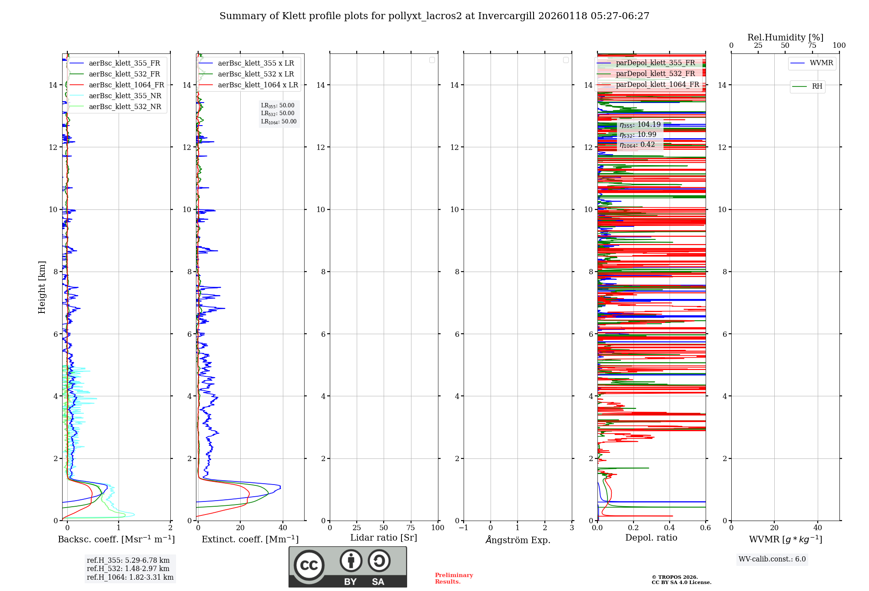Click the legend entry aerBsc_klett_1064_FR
pyautogui.click(x=126, y=85)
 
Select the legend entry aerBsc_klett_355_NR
pyautogui.click(x=125, y=96)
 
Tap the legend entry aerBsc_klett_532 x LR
pyautogui.click(x=255, y=74)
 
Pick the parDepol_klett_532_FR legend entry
pyautogui.click(x=655, y=74)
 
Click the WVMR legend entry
pyautogui.click(x=821, y=63)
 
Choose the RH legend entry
pyautogui.click(x=817, y=86)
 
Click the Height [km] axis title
pyautogui.click(x=42, y=287)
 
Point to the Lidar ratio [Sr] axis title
pyautogui.click(x=384, y=538)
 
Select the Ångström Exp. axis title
pyautogui.click(x=518, y=540)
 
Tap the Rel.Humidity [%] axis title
pyautogui.click(x=785, y=37)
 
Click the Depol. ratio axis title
pyautogui.click(x=651, y=538)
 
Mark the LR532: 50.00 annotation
pyautogui.click(x=278, y=113)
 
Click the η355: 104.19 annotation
pyautogui.click(x=640, y=125)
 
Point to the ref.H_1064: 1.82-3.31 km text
pyautogui.click(x=130, y=578)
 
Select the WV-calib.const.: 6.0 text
pyautogui.click(x=772, y=559)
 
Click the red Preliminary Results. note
pyautogui.click(x=454, y=578)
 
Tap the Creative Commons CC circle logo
pyautogui.click(x=309, y=565)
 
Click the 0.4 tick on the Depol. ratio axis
pyautogui.click(x=669, y=528)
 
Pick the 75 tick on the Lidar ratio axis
pyautogui.click(x=411, y=528)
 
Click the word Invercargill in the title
pyautogui.click(x=507, y=16)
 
